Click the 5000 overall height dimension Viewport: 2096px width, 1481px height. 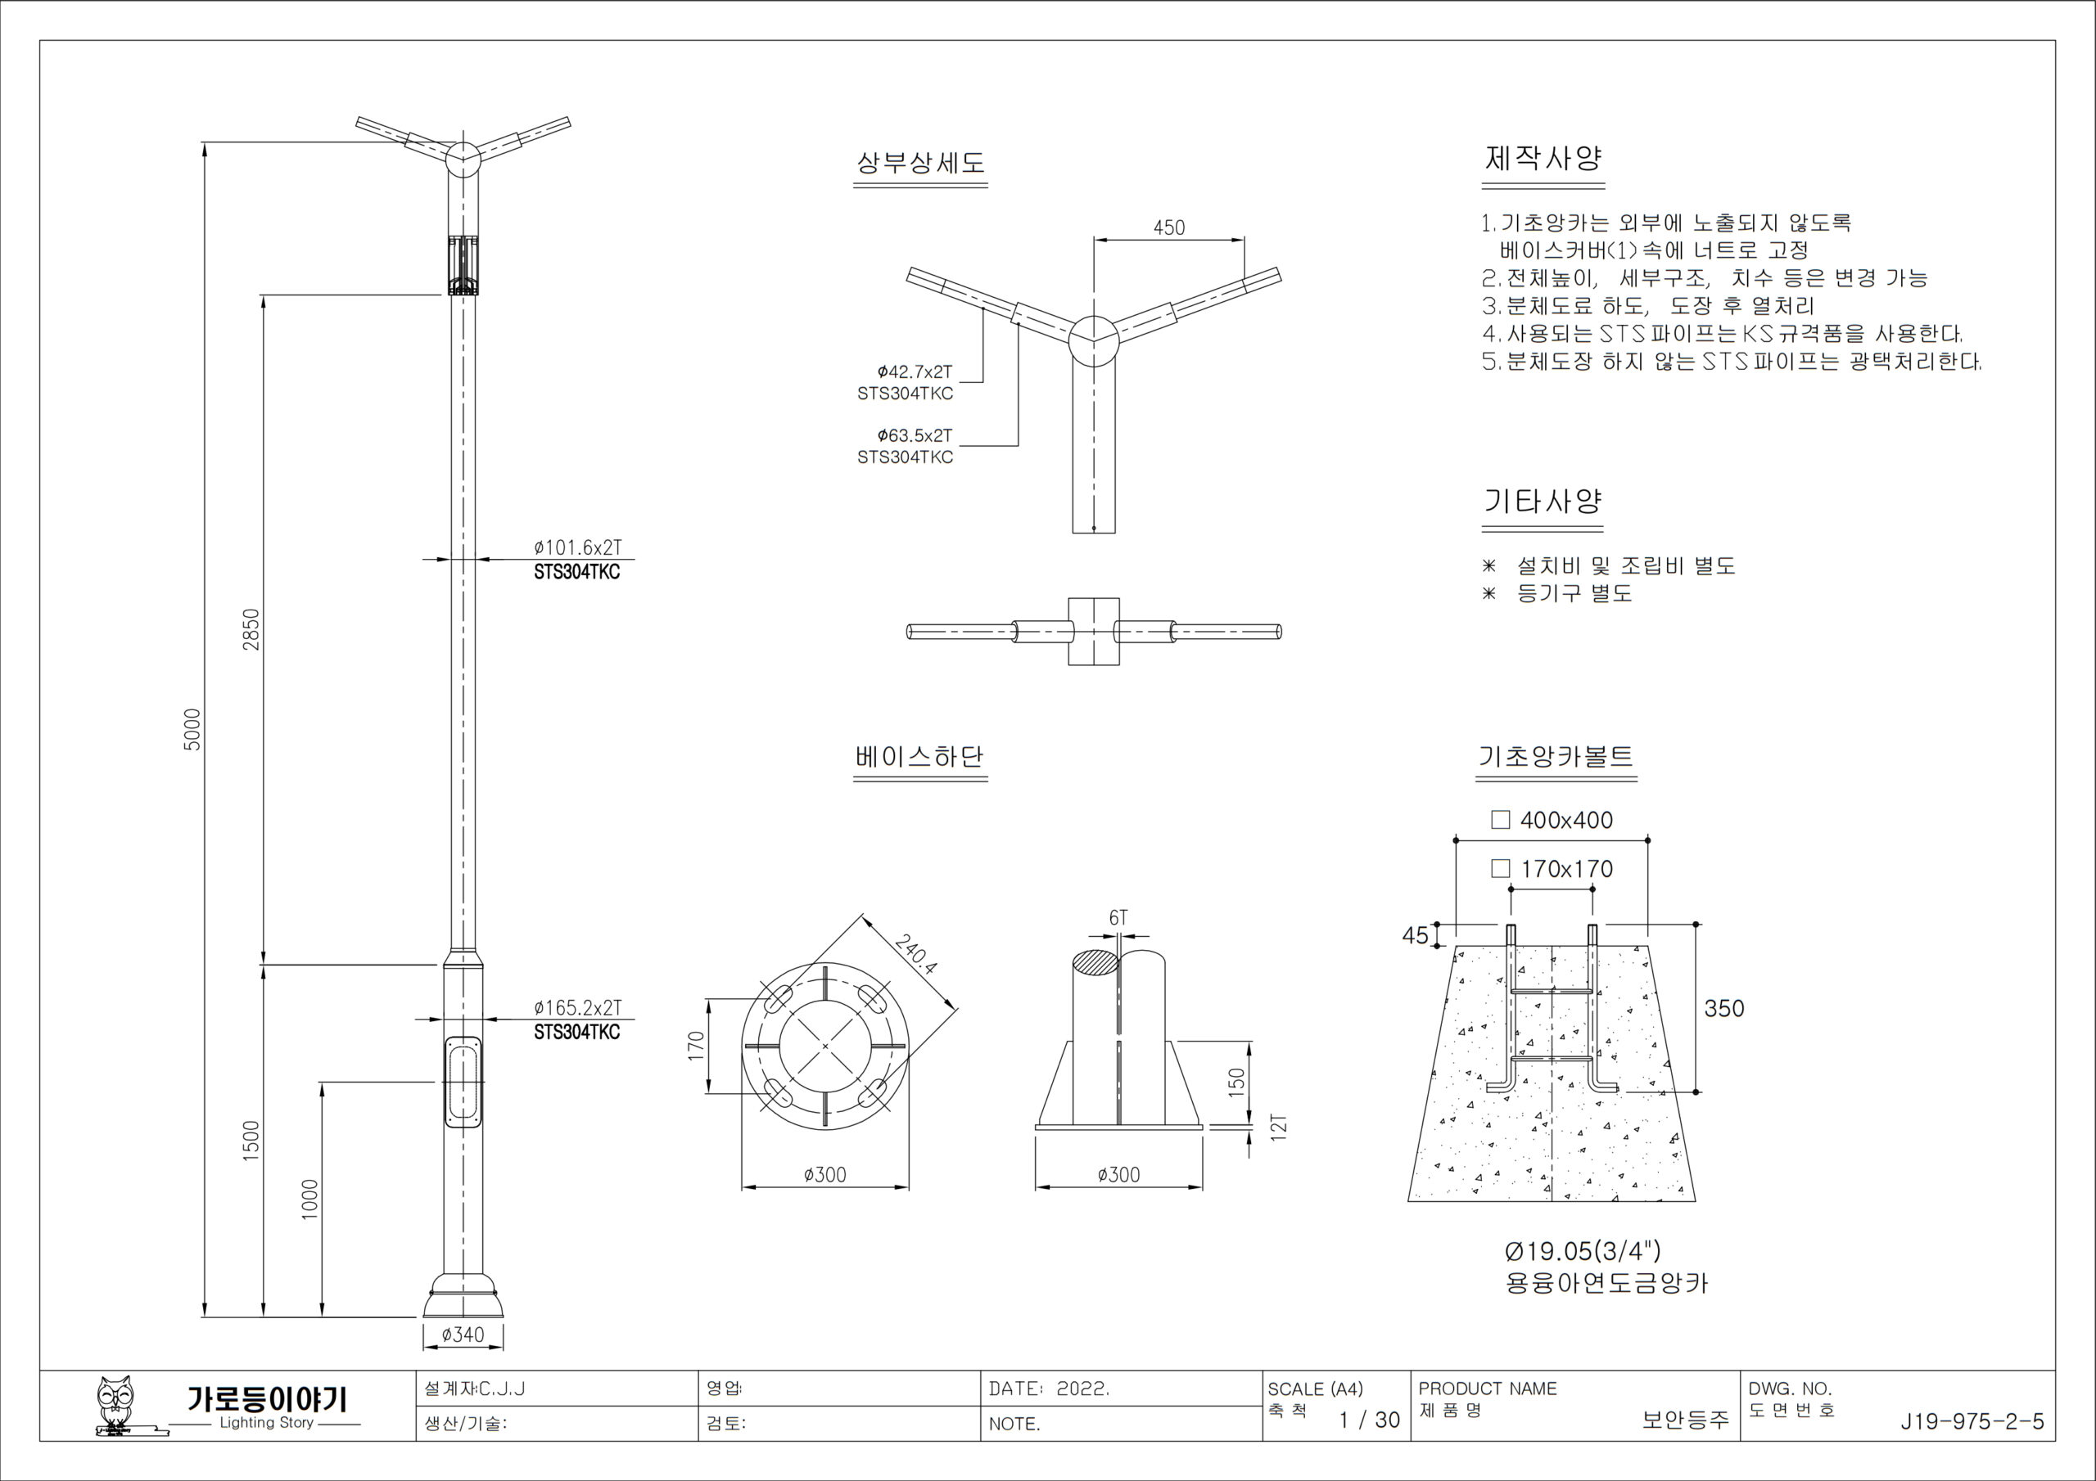192,729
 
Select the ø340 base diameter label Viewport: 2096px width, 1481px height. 463,1334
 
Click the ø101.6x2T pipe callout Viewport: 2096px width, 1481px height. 577,547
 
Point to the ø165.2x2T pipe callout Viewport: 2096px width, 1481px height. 577,1007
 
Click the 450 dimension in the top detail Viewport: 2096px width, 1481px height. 1168,227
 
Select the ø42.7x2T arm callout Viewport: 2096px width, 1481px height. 914,371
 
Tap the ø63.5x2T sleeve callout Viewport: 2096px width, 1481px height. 914,435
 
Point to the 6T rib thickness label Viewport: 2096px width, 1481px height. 1118,918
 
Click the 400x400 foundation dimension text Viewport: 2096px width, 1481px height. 1565,819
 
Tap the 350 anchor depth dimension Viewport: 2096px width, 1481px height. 1723,1008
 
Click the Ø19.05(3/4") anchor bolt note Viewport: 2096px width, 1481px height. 1582,1250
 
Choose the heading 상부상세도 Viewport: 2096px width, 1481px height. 920,164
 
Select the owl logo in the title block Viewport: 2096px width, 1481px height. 116,1405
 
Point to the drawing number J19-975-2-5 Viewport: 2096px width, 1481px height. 1972,1420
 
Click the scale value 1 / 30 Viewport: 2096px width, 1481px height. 1368,1420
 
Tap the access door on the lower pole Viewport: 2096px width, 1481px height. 463,1083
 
